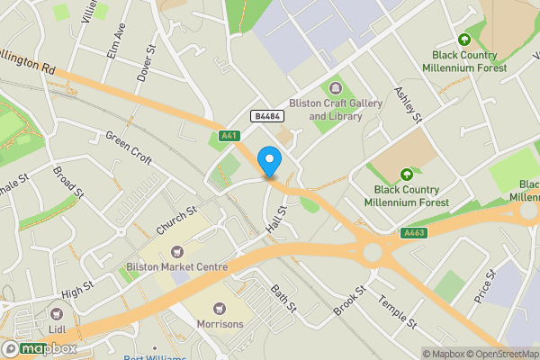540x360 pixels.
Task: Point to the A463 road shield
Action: pos(413,233)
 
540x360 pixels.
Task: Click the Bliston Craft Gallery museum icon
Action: pos(336,88)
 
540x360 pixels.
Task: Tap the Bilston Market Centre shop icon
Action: pos(175,251)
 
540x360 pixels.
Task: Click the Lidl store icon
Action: pos(57,314)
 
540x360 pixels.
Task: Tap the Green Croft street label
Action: pos(129,142)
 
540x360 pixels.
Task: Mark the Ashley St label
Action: pos(408,105)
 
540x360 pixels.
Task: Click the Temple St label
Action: pos(398,311)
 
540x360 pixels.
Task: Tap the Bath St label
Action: pos(284,298)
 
